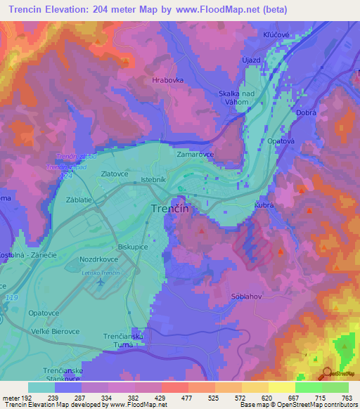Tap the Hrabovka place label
168,80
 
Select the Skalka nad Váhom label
238,98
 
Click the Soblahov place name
247,297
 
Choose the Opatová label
281,141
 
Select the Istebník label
153,180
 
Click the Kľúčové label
279,34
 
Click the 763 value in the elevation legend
346,397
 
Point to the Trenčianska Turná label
124,342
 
